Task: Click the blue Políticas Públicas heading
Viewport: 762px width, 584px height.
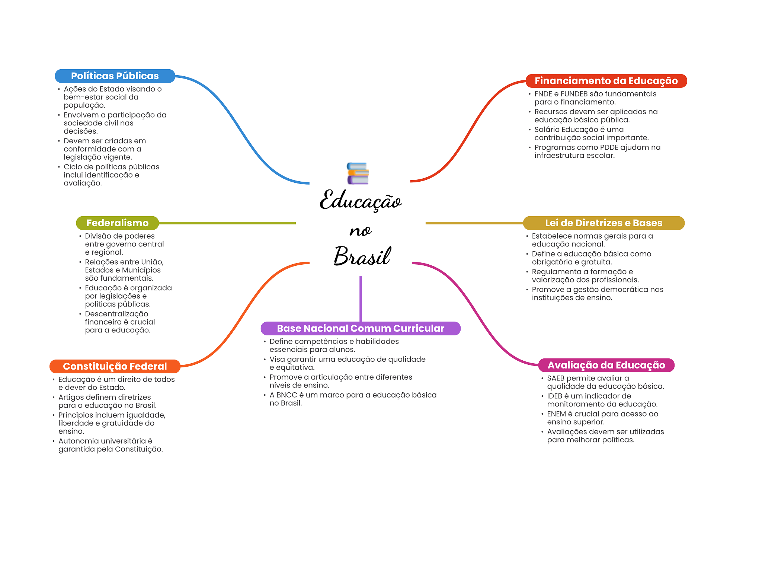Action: point(115,76)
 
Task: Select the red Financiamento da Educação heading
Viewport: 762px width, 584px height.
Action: point(606,81)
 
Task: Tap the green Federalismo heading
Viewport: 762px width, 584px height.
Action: point(118,223)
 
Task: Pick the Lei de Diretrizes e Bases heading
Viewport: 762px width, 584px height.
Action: point(603,223)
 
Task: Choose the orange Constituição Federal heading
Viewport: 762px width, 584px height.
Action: point(115,366)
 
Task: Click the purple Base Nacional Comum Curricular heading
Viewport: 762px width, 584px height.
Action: point(361,328)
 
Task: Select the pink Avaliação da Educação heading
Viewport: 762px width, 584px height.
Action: point(606,365)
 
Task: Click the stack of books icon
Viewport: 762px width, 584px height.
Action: point(358,173)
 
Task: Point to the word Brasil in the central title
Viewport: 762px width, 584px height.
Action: point(362,256)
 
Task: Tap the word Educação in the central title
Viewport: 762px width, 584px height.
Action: point(361,200)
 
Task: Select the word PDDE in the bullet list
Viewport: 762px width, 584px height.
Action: point(609,147)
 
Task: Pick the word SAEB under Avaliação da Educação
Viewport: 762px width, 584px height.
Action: point(556,378)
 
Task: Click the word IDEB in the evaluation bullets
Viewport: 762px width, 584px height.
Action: point(554,396)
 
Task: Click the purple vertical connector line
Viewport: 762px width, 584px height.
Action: point(361,299)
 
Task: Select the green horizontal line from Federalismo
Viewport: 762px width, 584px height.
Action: point(227,223)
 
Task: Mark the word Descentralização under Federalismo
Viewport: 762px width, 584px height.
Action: point(116,314)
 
